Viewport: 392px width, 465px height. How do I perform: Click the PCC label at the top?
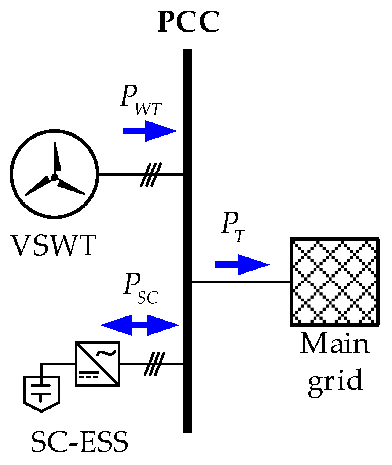click(x=188, y=22)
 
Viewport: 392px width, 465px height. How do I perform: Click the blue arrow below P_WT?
click(x=150, y=131)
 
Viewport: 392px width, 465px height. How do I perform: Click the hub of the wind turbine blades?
click(x=55, y=177)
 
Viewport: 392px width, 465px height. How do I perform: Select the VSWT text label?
click(x=54, y=245)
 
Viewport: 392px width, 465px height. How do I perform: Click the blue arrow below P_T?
click(x=242, y=264)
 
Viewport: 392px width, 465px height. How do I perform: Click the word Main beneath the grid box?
click(x=334, y=344)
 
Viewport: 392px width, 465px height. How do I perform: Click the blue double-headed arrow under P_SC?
click(x=140, y=325)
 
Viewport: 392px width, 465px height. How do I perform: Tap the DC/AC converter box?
click(x=98, y=364)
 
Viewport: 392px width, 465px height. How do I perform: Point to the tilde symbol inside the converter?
click(x=107, y=353)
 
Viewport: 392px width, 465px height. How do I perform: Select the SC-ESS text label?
click(x=80, y=442)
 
